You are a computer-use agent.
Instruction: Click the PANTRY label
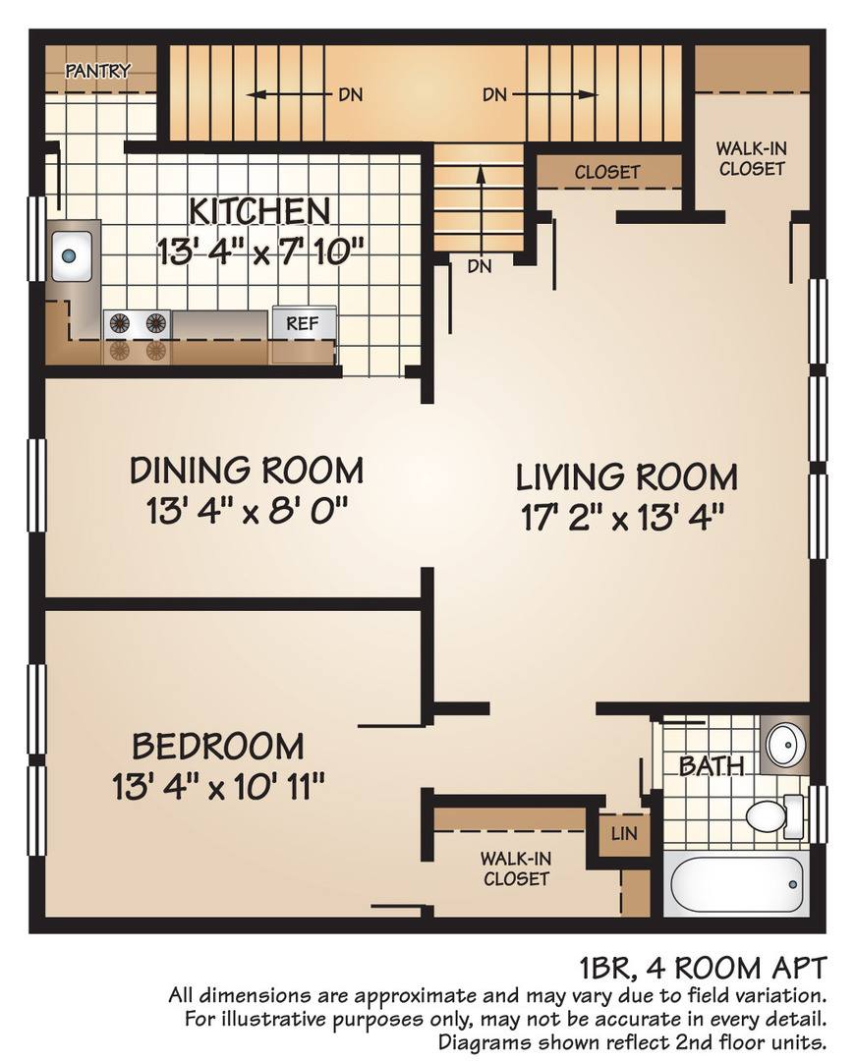point(97,71)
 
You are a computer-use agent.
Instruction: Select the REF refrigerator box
point(304,323)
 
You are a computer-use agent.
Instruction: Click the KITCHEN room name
point(259,210)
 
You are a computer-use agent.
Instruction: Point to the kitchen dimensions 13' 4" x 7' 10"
point(260,251)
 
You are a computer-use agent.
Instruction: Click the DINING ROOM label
point(246,471)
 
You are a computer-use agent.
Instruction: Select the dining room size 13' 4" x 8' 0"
point(247,511)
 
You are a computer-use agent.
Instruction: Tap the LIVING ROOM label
point(626,477)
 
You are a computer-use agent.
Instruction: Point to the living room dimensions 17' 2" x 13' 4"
point(624,519)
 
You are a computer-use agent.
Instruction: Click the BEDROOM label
point(218,746)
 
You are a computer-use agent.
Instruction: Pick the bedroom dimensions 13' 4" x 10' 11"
point(218,787)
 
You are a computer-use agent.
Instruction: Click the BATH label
point(711,766)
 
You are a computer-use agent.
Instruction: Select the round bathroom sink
point(785,745)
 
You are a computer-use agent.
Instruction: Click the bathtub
point(737,885)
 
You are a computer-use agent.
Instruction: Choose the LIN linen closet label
point(623,833)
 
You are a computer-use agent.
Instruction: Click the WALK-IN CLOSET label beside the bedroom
point(515,868)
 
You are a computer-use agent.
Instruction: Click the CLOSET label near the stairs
point(606,172)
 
